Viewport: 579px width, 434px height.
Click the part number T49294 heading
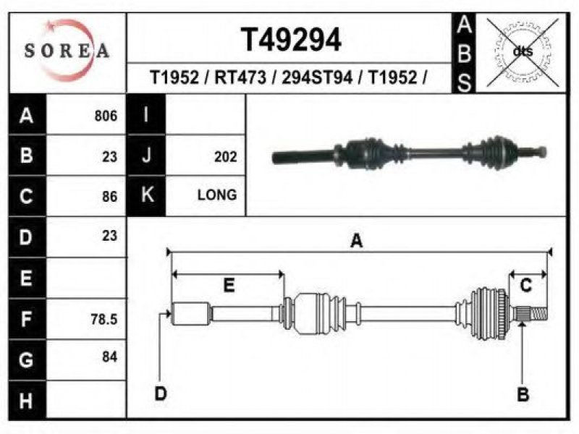click(x=291, y=40)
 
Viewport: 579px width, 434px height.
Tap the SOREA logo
click(x=67, y=51)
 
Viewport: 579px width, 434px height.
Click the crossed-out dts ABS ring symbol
click(x=523, y=52)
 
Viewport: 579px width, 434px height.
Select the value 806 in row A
click(x=106, y=116)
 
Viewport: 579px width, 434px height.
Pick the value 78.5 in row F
click(x=104, y=319)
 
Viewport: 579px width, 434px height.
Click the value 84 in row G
click(x=110, y=357)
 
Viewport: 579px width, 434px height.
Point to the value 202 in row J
click(x=225, y=157)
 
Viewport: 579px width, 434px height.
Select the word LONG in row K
click(x=217, y=195)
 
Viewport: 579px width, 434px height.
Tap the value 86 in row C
click(x=110, y=196)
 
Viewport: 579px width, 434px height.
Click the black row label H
click(x=27, y=401)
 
